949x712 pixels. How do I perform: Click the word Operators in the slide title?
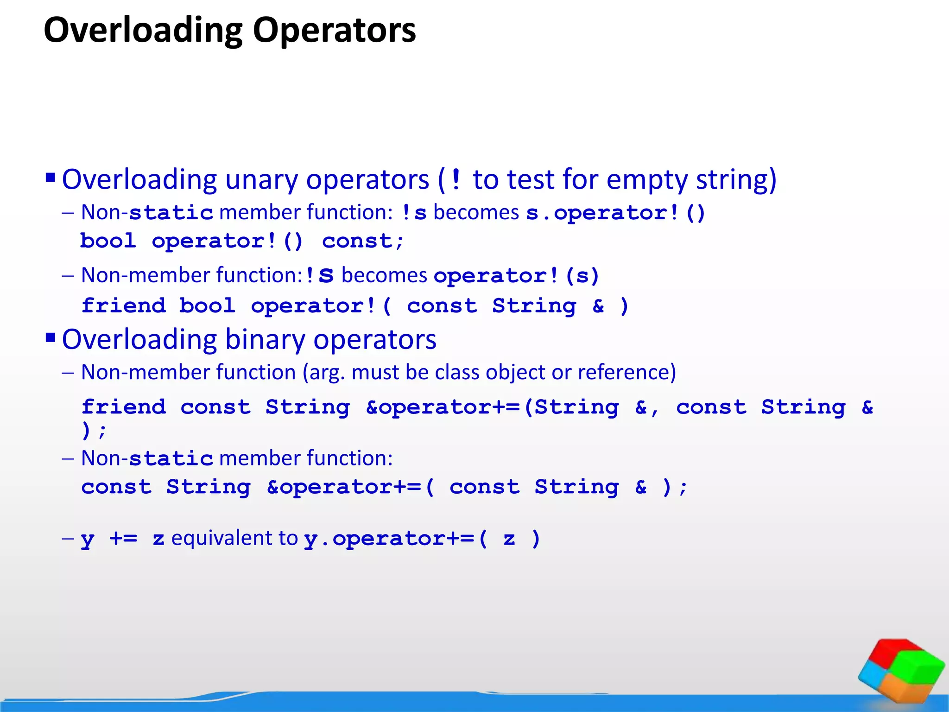pyautogui.click(x=334, y=31)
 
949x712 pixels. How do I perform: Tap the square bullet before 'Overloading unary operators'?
pyautogui.click(x=51, y=178)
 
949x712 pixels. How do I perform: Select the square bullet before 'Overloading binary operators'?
pyautogui.click(x=51, y=337)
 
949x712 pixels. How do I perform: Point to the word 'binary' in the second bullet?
pyautogui.click(x=265, y=340)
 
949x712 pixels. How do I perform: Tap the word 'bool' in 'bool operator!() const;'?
pyautogui.click(x=108, y=241)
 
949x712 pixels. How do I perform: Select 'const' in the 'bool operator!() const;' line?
pyautogui.click(x=357, y=241)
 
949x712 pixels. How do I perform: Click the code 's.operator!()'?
pyautogui.click(x=615, y=213)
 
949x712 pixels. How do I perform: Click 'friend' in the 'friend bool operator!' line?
pyautogui.click(x=123, y=306)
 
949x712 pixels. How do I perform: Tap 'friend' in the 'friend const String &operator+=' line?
pyautogui.click(x=123, y=407)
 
